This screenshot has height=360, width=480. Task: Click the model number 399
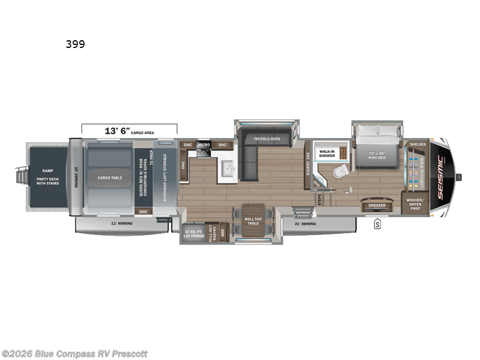pos(76,44)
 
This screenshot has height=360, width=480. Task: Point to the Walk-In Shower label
pos(327,154)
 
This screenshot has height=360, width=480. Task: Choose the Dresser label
pos(377,206)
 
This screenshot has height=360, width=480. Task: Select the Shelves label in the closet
pos(417,145)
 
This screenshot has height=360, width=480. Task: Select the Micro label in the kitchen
pos(203,145)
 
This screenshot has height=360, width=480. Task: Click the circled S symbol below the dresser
pos(377,224)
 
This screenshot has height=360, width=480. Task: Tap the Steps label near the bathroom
pos(319,199)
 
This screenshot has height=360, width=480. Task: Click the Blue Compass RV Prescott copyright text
pos(74,353)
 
